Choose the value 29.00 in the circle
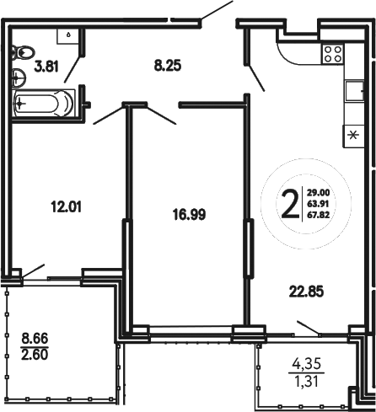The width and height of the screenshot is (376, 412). click(319, 192)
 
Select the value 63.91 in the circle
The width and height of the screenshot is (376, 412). click(319, 203)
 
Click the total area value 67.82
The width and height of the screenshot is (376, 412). click(319, 214)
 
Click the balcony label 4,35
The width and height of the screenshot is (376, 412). click(306, 365)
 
